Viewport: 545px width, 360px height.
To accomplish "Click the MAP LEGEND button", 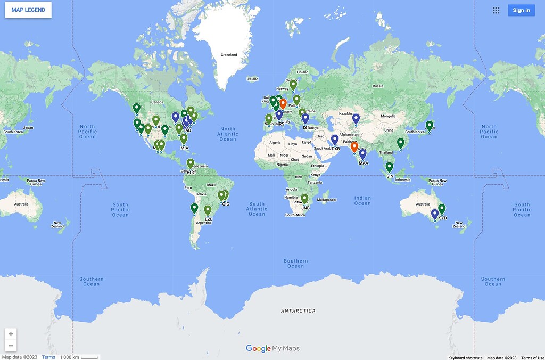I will [28, 10].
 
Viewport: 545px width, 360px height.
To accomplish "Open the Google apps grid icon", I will [496, 10].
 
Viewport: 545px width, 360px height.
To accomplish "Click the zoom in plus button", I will [11, 334].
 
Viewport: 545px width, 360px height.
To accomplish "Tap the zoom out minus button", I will [11, 346].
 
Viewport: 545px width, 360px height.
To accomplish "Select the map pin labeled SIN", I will [390, 167].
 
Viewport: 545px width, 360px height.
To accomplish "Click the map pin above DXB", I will [335, 140].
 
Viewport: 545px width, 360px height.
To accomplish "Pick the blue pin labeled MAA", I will [363, 154].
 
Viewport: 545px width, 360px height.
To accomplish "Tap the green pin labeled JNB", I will [305, 199].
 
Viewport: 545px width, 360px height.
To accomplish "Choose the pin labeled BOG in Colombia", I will [191, 164].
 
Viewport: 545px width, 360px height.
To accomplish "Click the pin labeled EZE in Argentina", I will [208, 211].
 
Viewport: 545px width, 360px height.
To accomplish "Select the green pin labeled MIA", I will [184, 139].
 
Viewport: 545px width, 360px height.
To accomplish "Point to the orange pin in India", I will [354, 147].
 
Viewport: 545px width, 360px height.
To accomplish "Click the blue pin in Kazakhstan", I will [356, 119].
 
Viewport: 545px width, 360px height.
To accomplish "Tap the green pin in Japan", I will [430, 126].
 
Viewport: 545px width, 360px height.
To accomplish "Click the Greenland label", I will [229, 55].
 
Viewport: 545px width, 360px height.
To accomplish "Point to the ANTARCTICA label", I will [298, 310].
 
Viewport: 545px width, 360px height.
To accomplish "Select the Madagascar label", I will [327, 200].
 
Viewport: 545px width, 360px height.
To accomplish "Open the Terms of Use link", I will [532, 358].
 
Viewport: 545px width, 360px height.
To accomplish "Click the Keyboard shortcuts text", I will [465, 358].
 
